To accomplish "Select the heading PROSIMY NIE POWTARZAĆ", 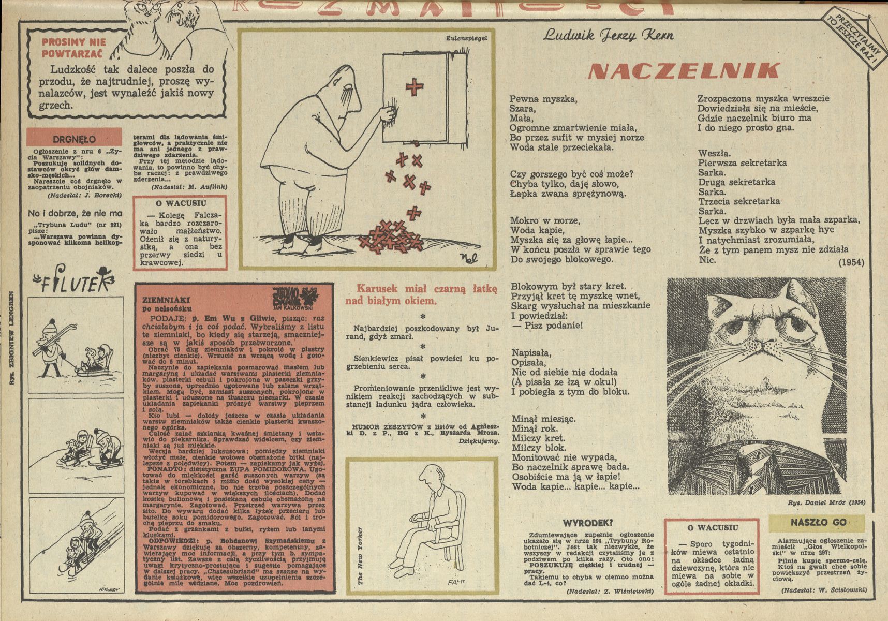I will [x=73, y=47].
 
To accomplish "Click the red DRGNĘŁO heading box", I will [x=74, y=139].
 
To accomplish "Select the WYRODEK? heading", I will [x=591, y=523].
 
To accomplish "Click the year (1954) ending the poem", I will [x=851, y=262].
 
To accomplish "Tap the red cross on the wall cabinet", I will [x=414, y=87].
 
